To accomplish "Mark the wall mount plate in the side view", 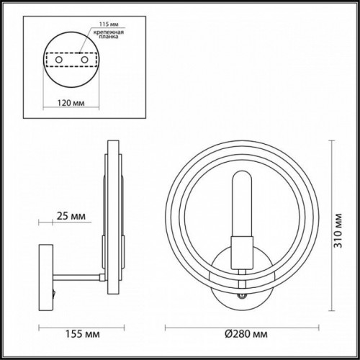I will tap(45, 273).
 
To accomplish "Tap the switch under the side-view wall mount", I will tap(51, 293).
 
